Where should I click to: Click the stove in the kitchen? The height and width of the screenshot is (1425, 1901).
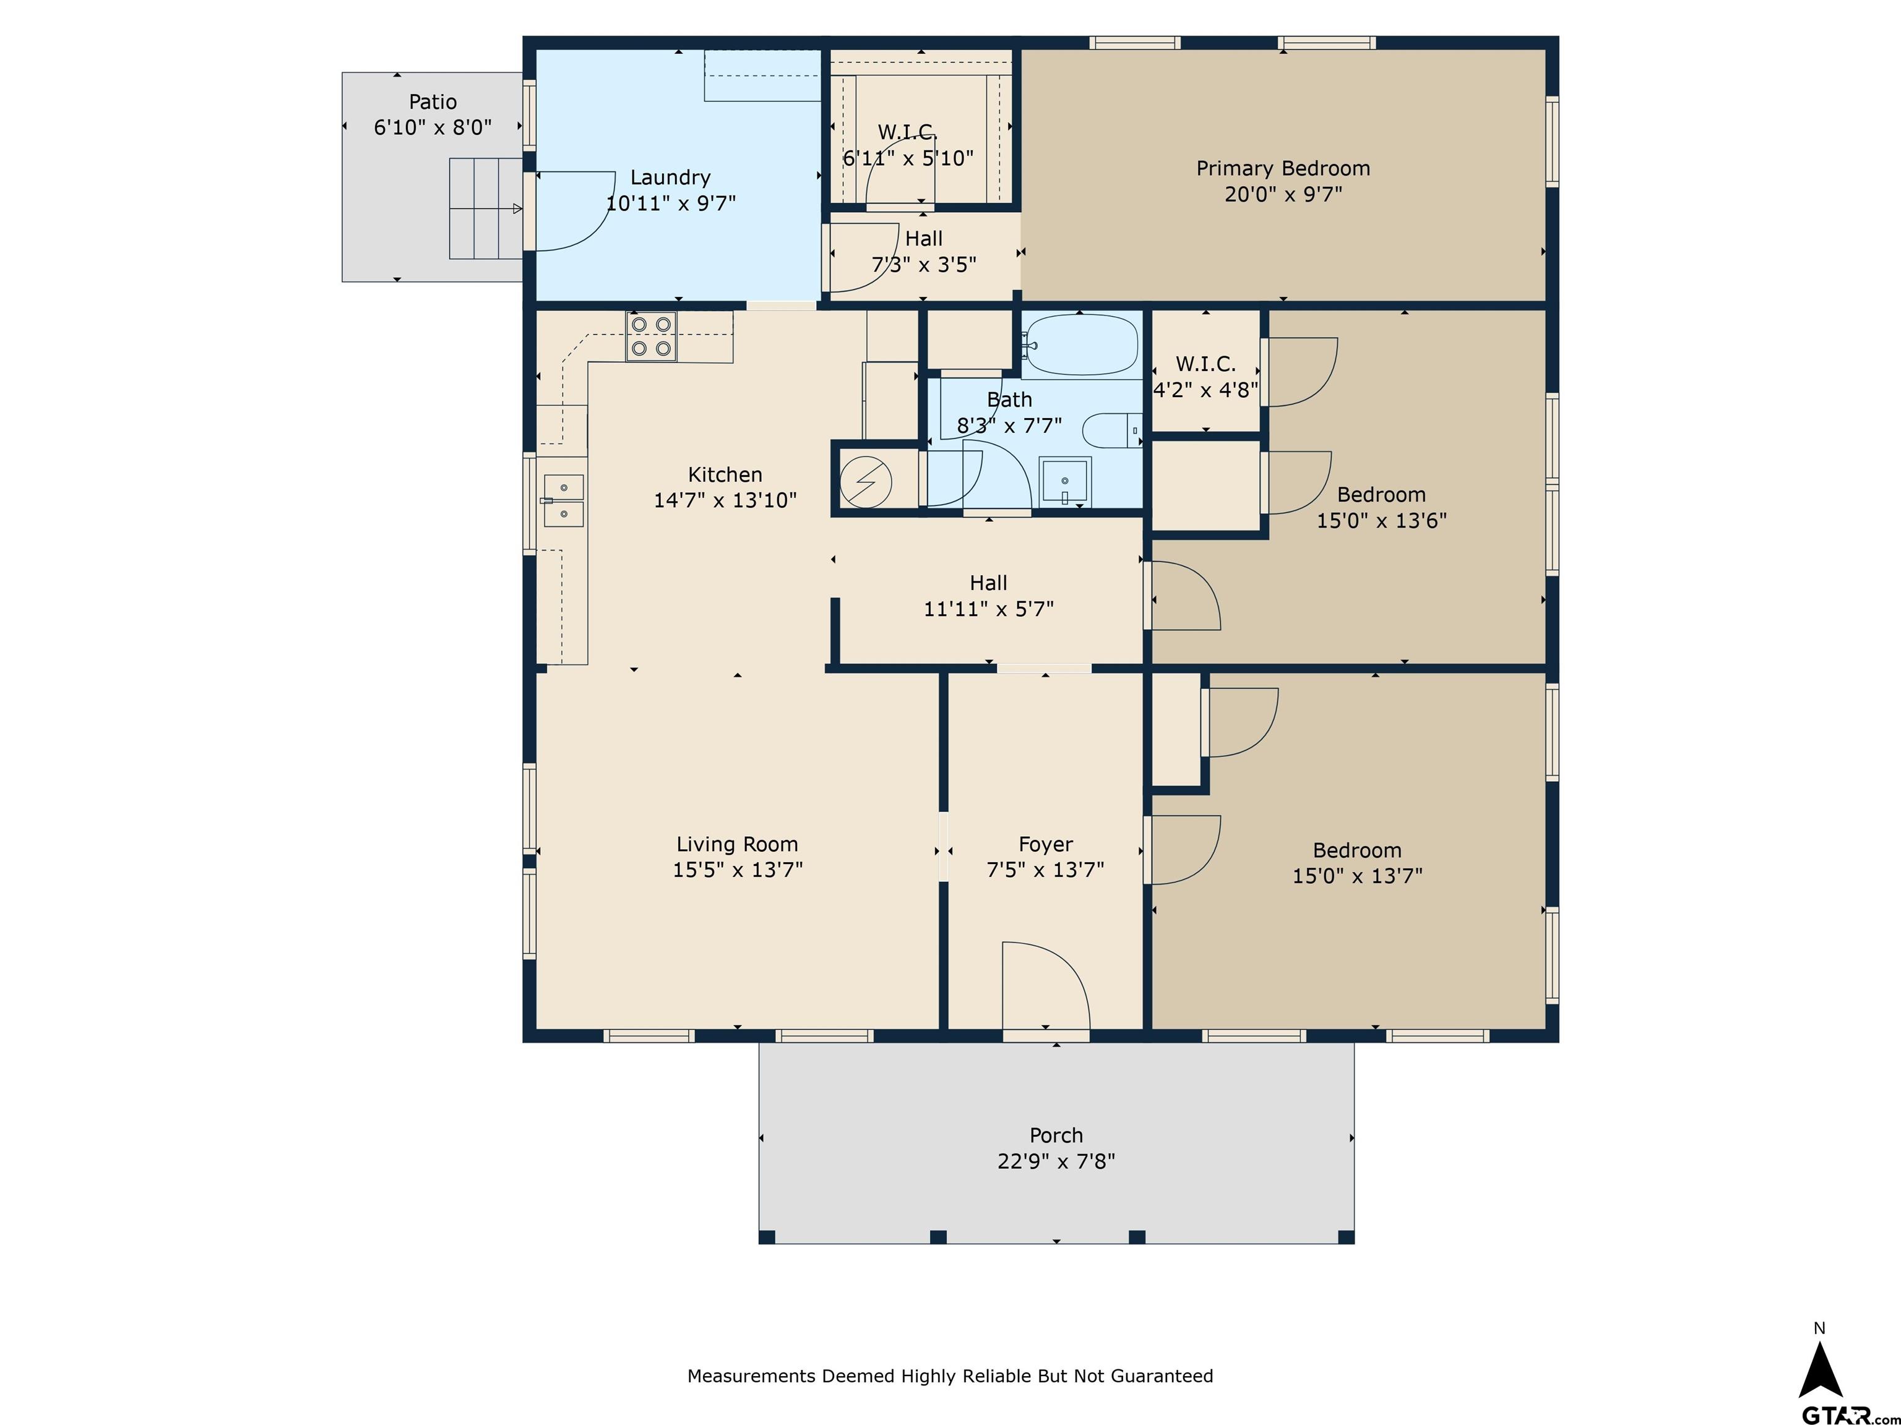[x=650, y=336]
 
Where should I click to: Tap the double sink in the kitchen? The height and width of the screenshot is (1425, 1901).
[x=563, y=501]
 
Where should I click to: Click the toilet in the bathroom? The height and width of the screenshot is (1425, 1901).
[x=1111, y=430]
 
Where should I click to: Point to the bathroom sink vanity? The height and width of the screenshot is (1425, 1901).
[x=1065, y=482]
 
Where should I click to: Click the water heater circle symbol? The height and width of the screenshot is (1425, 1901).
[x=866, y=482]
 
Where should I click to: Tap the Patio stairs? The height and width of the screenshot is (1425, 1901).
[x=486, y=208]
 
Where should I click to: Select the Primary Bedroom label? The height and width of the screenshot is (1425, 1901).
[x=1283, y=168]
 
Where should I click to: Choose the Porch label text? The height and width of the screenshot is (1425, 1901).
[x=1056, y=1136]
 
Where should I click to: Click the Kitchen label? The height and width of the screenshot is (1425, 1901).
[x=725, y=475]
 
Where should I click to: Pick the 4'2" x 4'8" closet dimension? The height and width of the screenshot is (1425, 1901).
[x=1205, y=391]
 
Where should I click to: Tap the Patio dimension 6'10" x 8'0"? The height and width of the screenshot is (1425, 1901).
[x=433, y=128]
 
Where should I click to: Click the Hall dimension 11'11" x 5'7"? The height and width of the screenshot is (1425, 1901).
[x=988, y=609]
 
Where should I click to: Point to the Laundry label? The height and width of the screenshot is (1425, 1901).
[x=670, y=178]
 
